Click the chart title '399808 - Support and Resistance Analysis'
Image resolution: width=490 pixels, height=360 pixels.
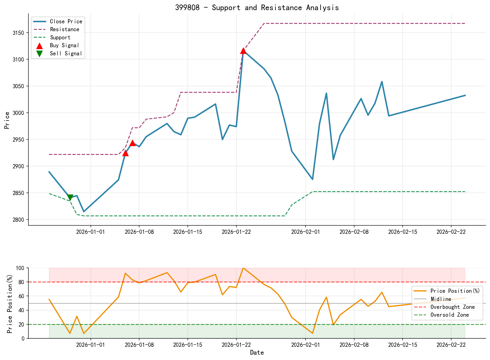click(257, 8)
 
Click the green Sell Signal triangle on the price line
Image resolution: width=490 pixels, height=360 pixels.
click(70, 198)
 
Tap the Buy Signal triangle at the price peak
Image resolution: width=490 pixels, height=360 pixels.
click(243, 51)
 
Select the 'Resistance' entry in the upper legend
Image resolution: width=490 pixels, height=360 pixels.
click(64, 29)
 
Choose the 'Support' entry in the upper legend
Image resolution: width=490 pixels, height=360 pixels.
click(60, 37)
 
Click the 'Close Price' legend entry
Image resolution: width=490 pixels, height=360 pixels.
click(66, 21)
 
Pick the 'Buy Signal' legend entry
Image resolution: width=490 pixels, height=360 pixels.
click(64, 45)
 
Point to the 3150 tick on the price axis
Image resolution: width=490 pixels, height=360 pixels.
click(19, 33)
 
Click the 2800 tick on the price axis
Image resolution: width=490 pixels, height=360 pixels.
click(19, 220)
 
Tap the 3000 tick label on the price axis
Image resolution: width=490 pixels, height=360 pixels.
click(19, 113)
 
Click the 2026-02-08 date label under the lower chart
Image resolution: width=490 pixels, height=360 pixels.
click(354, 345)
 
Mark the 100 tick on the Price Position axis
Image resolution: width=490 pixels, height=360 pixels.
click(21, 268)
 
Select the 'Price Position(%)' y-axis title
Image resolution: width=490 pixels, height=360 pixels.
click(10, 304)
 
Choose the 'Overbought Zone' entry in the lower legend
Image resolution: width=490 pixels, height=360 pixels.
click(452, 307)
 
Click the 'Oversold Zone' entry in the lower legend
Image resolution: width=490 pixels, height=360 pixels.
click(450, 315)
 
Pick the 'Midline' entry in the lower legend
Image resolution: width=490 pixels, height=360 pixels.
click(441, 299)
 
